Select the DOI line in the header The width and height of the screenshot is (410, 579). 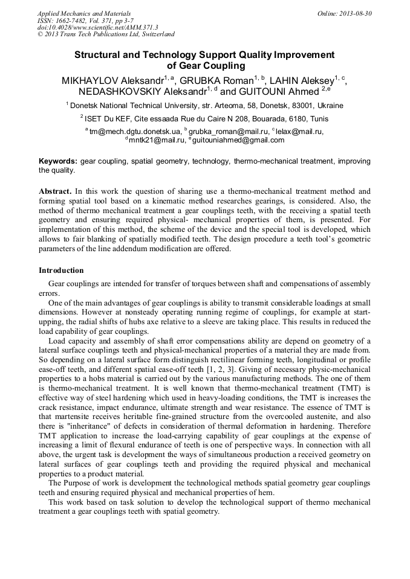pyautogui.click(x=97, y=27)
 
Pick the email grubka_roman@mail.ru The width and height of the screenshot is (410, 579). pyautogui.click(x=229, y=131)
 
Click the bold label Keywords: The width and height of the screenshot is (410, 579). pyautogui.click(x=58, y=161)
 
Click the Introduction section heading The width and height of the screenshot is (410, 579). pyautogui.click(x=61, y=270)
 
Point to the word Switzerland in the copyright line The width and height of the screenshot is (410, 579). pyautogui.click(x=155, y=34)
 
